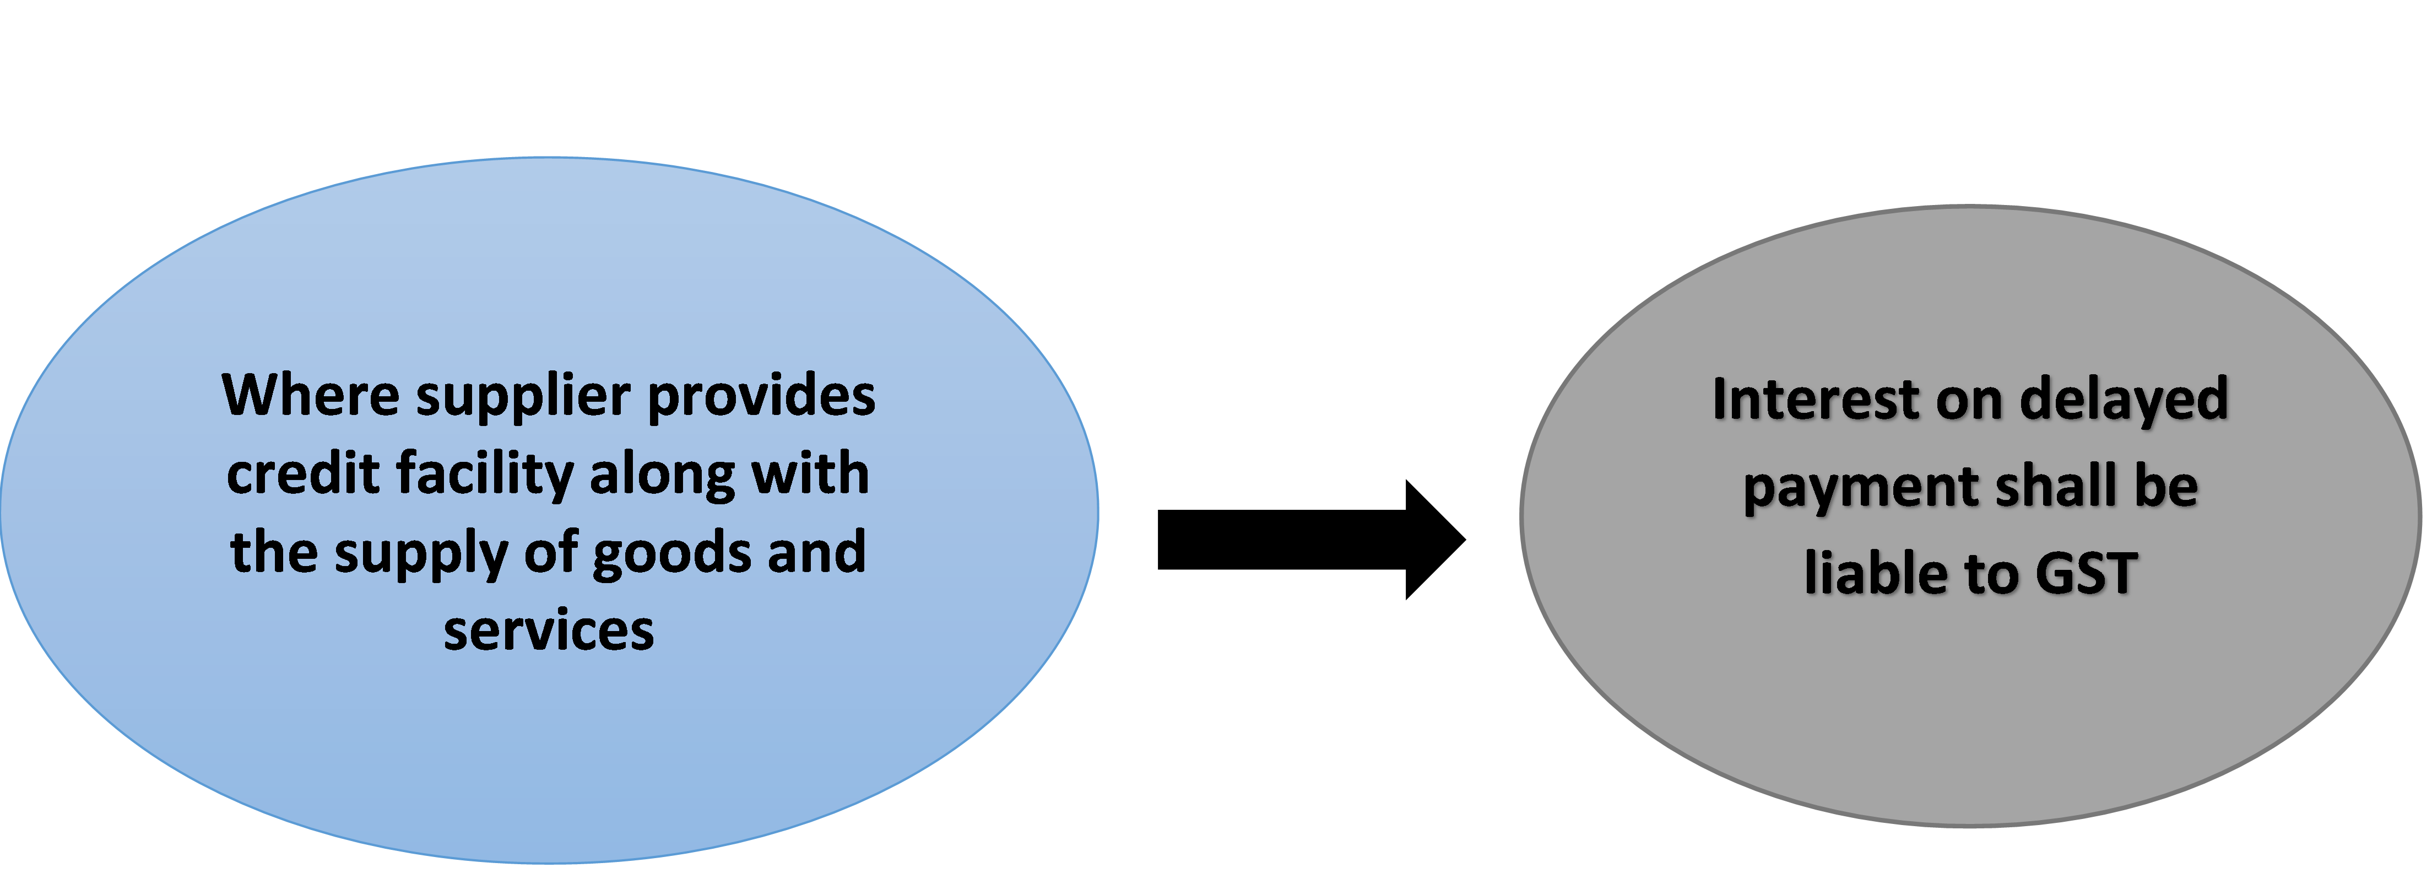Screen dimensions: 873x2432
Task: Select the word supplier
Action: (x=523, y=397)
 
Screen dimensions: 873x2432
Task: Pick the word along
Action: (x=661, y=475)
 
